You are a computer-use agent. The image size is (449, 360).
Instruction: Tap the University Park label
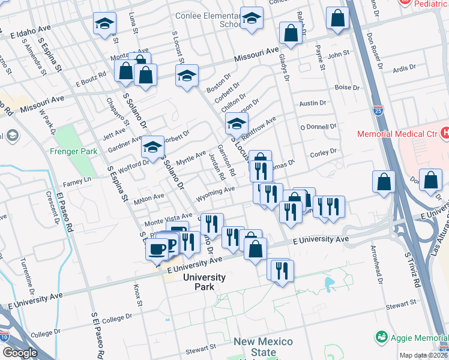[x=204, y=282]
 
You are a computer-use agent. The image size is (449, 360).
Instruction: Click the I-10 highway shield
[x=5, y=335]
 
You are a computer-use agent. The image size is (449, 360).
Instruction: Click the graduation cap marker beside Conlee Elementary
[x=252, y=19]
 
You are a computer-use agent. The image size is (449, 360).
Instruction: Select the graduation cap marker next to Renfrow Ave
[x=237, y=124]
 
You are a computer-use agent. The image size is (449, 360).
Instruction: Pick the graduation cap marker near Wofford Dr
[x=152, y=146]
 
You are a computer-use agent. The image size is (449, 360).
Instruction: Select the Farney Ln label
[x=79, y=179]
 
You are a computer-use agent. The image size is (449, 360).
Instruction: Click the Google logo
[x=20, y=352]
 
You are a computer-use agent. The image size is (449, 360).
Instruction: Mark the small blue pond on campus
[x=329, y=281]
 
